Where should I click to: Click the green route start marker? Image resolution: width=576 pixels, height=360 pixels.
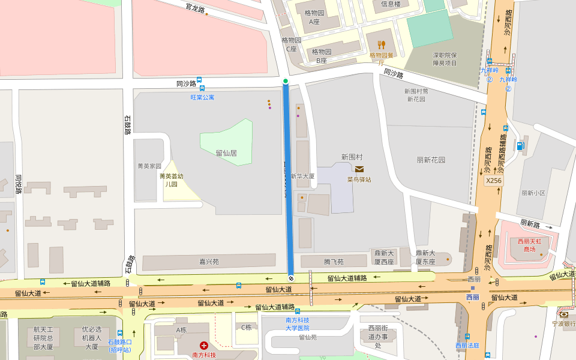286,81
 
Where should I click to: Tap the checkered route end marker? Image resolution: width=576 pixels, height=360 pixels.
291,278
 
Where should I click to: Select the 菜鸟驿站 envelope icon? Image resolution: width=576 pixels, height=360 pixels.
359,169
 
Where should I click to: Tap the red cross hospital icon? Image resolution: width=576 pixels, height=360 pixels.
204,346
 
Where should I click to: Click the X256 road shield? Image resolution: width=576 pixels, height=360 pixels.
493,180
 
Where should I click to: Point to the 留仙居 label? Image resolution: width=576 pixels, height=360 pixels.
226,153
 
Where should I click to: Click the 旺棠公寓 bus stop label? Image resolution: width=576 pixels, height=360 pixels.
202,97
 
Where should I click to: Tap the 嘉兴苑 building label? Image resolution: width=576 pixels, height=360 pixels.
209,262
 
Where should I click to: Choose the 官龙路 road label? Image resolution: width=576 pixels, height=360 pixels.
195,8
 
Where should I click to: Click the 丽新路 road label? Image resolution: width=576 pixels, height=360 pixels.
530,224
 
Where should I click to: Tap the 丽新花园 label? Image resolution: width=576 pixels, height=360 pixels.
431,160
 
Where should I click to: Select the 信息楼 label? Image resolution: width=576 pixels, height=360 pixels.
391,4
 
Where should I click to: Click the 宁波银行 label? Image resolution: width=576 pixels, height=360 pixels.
564,323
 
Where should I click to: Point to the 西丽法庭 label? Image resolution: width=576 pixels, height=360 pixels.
467,346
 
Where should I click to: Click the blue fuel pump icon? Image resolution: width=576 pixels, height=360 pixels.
520,145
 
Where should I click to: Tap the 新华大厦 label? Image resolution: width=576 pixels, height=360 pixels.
302,176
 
